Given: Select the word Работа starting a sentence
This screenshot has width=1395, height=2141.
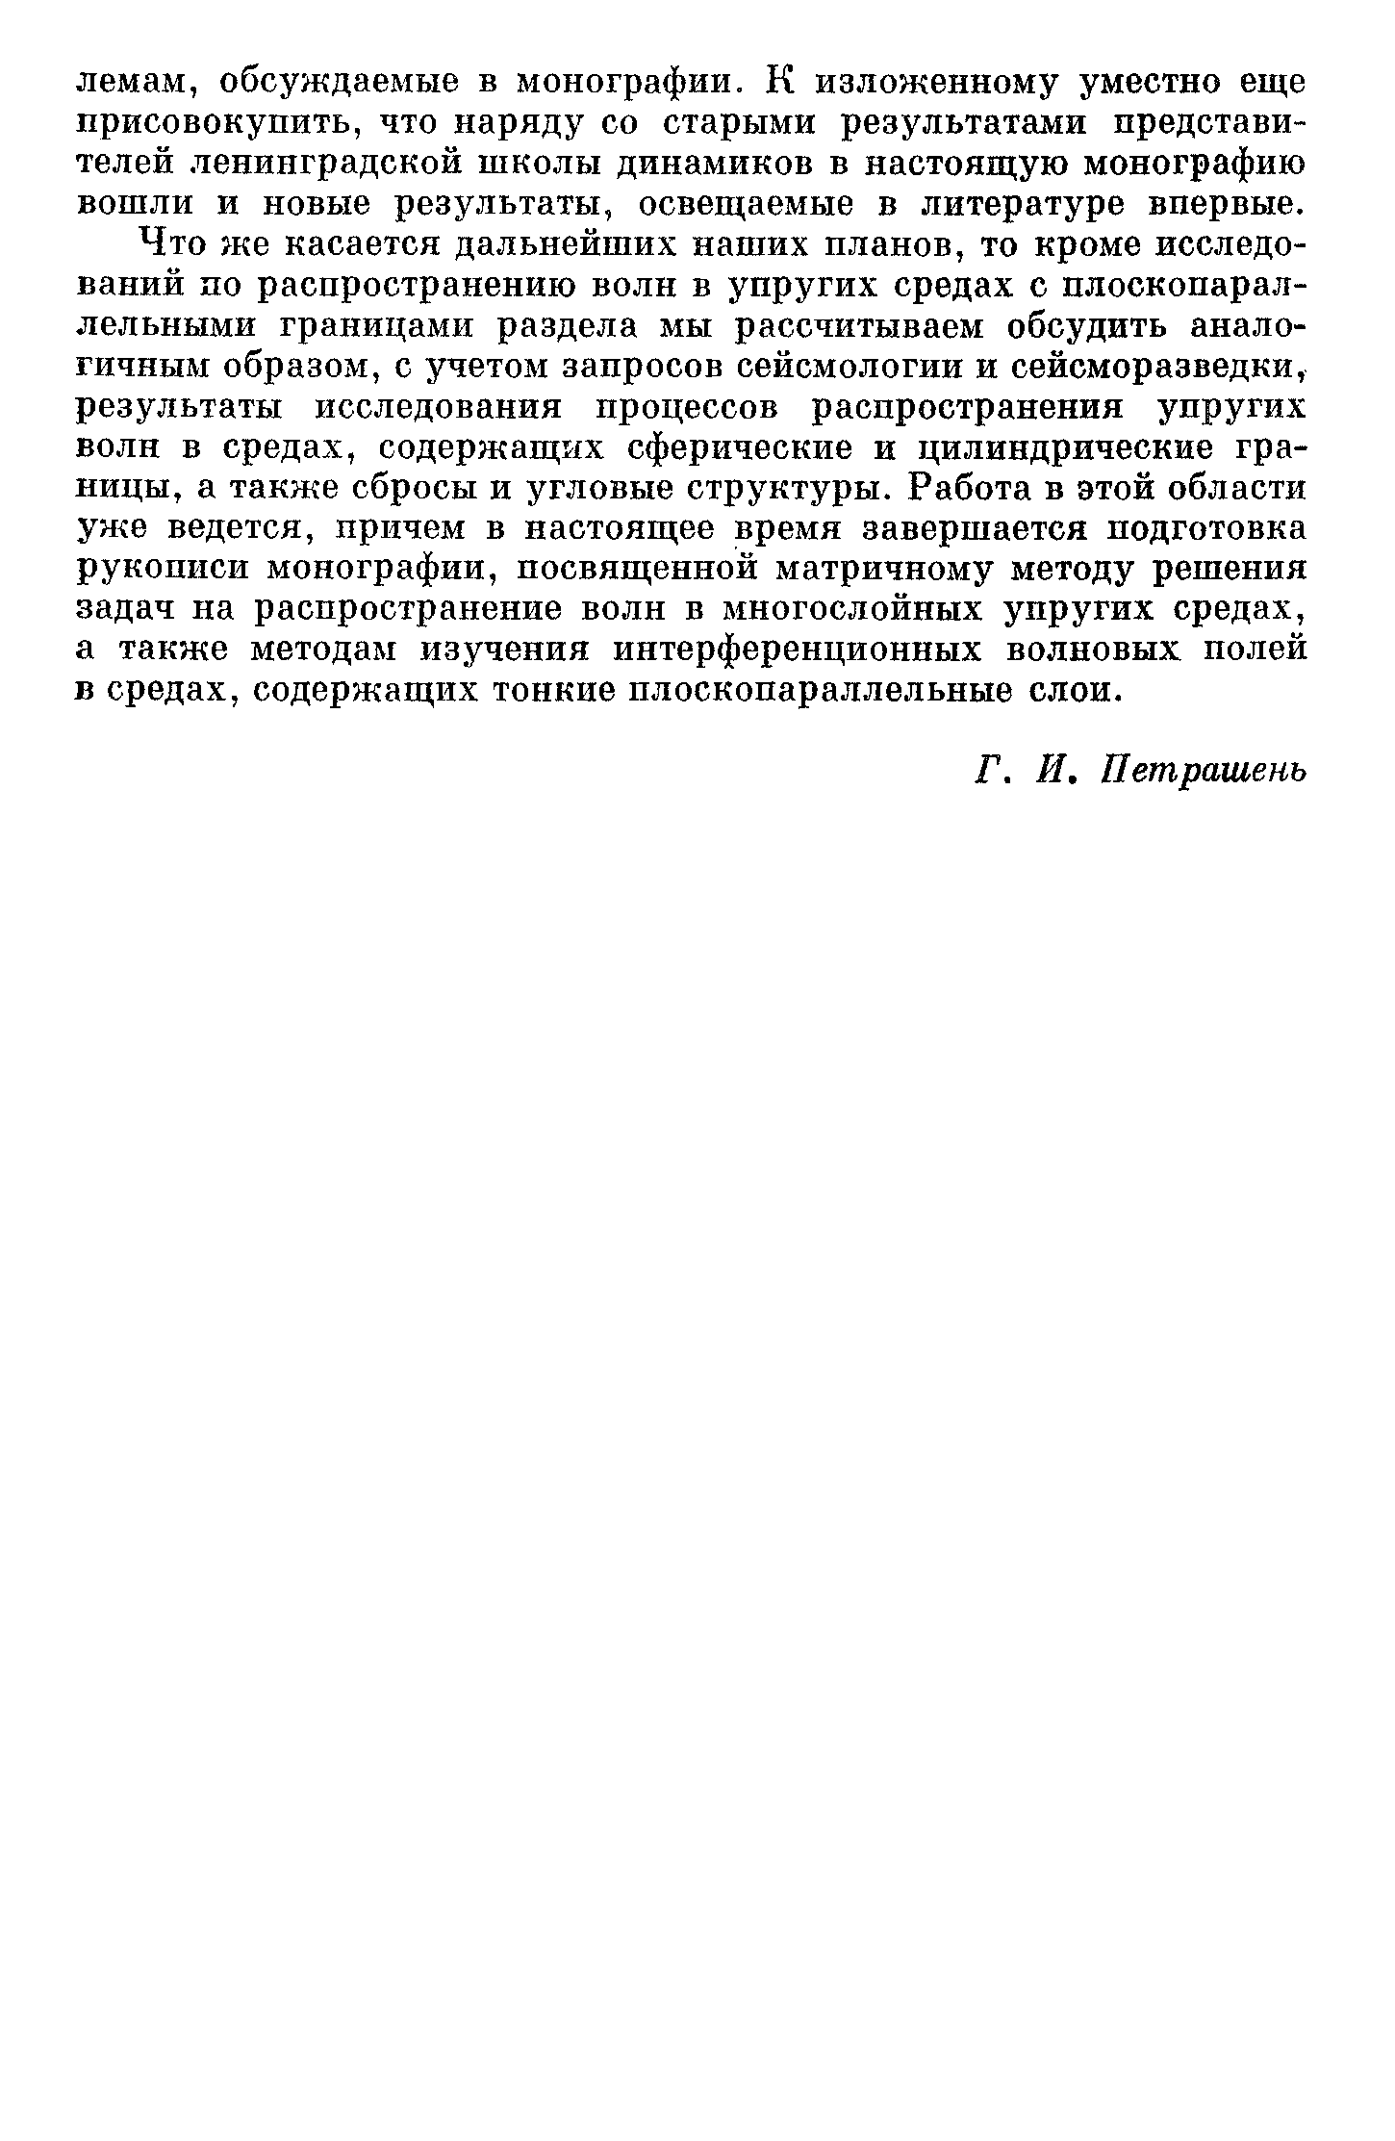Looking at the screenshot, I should [x=973, y=489].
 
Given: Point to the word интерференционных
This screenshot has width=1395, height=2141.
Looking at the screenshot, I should [x=798, y=650].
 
